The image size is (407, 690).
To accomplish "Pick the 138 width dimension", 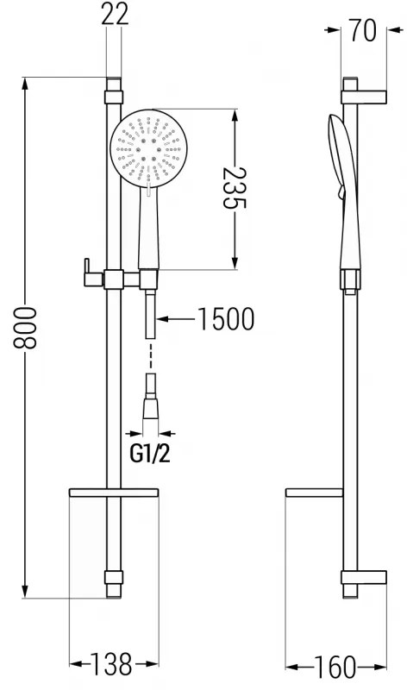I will point(112,666).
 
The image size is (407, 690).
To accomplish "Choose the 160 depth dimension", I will point(335,667).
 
